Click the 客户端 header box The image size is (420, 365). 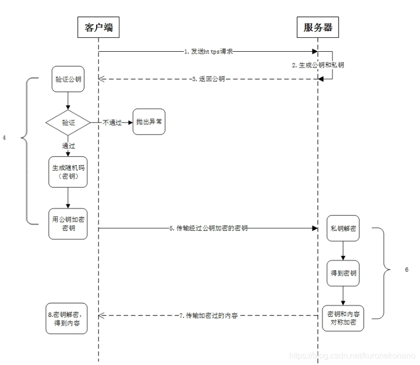click(x=98, y=28)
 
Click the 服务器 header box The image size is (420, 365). click(x=318, y=28)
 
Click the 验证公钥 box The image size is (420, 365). click(x=68, y=79)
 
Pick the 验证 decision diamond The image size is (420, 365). click(x=68, y=122)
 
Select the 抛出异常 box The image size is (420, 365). click(x=149, y=122)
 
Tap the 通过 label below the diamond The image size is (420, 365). click(x=68, y=146)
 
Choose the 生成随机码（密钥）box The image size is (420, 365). click(x=68, y=172)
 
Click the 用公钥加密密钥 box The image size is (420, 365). click(x=68, y=223)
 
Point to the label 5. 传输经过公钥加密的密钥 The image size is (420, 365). click(x=208, y=228)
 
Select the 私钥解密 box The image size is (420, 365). click(x=343, y=229)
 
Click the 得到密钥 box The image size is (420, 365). click(x=343, y=274)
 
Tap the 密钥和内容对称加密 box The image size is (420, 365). click(x=343, y=318)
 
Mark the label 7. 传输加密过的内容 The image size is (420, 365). click(x=208, y=316)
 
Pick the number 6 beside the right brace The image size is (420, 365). click(x=406, y=270)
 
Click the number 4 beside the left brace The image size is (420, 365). click(x=4, y=138)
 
